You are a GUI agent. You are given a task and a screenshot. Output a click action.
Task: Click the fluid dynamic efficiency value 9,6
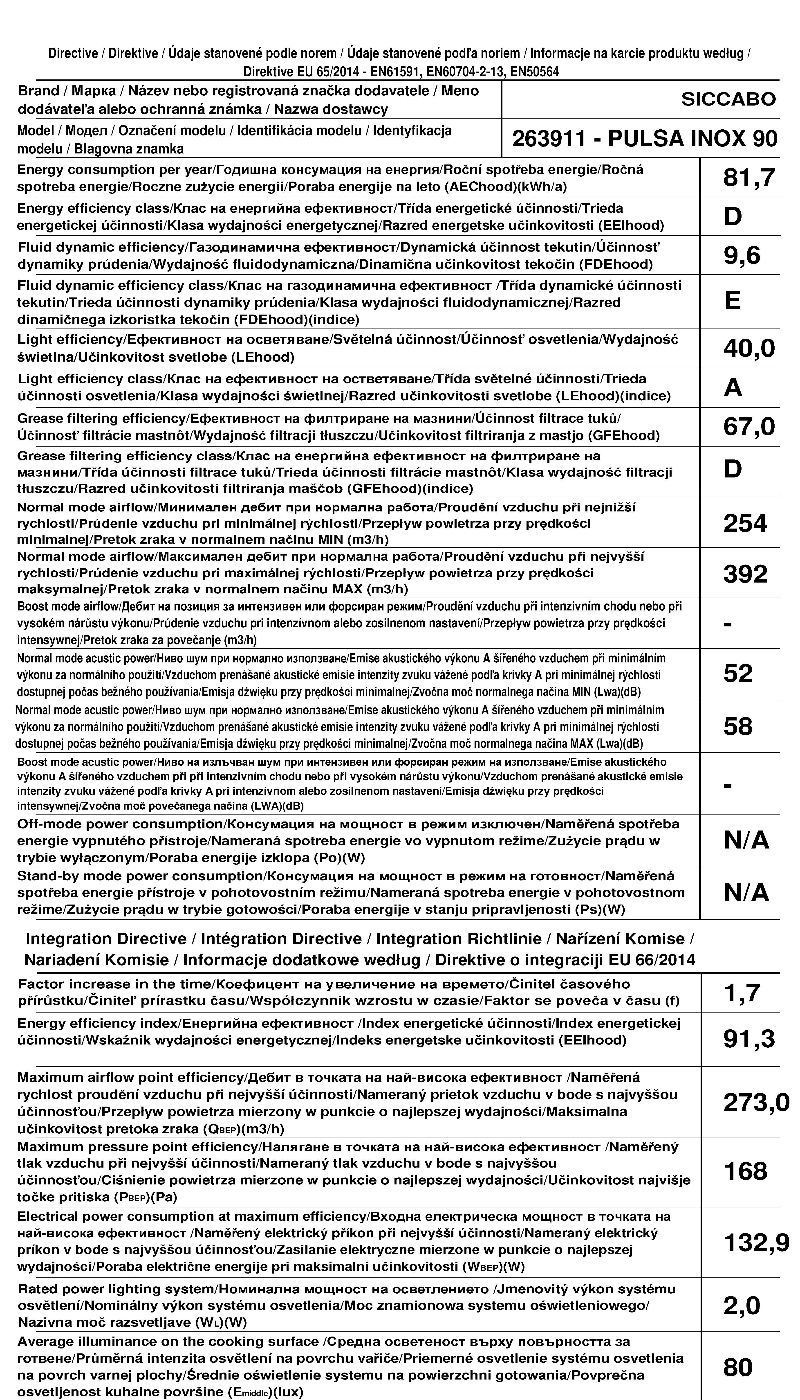pyautogui.click(x=742, y=256)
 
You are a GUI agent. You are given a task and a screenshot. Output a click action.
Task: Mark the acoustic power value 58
pyautogui.click(x=738, y=727)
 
